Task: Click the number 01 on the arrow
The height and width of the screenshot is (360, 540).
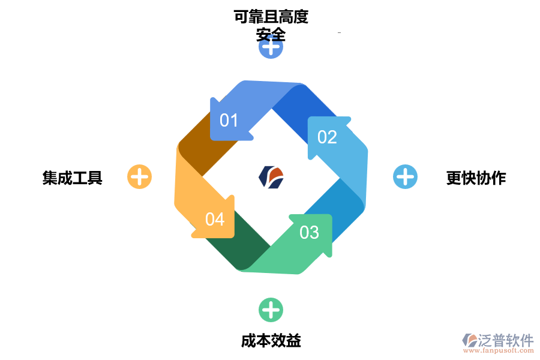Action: (x=229, y=121)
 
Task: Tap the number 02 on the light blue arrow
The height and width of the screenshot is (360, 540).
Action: (x=327, y=137)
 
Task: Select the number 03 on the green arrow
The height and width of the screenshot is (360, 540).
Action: (x=309, y=232)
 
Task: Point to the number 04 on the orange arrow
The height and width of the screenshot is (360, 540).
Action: (x=215, y=219)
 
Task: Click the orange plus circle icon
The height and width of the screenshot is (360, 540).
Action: (x=139, y=177)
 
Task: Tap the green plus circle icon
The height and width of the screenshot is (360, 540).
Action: (x=271, y=310)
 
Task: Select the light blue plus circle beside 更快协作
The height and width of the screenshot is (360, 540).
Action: (x=405, y=177)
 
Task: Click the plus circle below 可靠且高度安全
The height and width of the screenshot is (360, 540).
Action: (x=271, y=47)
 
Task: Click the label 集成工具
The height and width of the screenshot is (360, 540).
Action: (x=73, y=178)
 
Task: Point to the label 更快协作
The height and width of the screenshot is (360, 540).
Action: (x=476, y=178)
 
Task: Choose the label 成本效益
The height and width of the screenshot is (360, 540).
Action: (x=271, y=341)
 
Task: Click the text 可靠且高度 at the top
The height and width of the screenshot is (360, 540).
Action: (x=271, y=17)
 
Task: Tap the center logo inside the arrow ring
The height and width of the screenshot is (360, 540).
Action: (x=271, y=177)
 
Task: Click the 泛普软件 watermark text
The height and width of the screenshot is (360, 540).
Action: (x=506, y=340)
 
